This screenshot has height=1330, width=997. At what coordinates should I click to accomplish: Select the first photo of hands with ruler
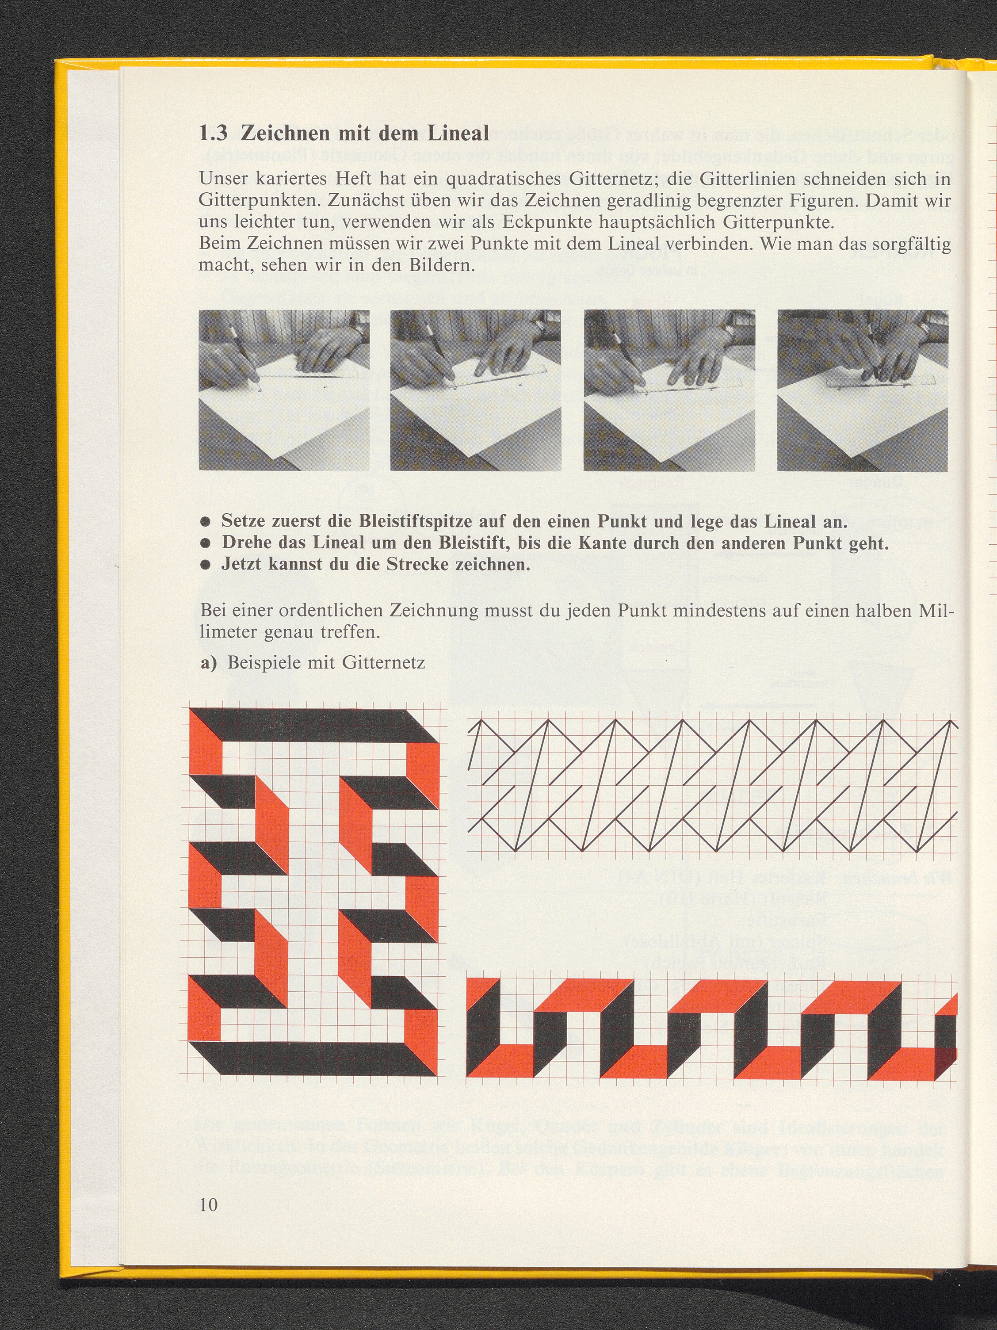click(284, 390)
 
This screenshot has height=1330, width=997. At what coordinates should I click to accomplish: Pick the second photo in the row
click(476, 390)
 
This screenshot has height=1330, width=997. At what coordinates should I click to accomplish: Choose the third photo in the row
click(669, 390)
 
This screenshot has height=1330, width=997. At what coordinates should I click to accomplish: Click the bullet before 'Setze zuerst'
click(206, 522)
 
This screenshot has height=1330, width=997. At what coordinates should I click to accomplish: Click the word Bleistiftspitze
click(415, 522)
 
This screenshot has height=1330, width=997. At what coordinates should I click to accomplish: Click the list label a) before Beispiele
click(208, 663)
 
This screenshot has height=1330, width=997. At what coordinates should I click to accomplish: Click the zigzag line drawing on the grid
click(712, 785)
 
